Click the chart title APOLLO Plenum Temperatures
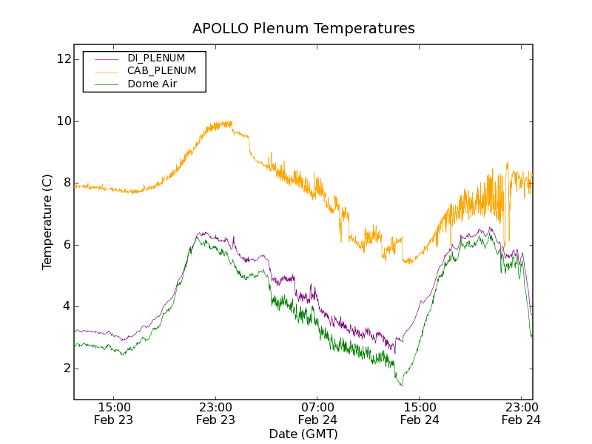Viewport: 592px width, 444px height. tap(303, 29)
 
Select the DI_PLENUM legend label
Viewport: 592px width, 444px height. tap(156, 58)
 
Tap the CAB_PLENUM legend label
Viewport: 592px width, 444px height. tap(161, 70)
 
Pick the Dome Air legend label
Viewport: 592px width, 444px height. tap(152, 84)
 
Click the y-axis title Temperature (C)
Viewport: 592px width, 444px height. tap(47, 222)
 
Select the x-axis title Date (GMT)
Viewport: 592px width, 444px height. tap(303, 434)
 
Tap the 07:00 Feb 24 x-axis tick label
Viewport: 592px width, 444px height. tap(317, 413)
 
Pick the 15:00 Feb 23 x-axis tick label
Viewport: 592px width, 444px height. tap(114, 413)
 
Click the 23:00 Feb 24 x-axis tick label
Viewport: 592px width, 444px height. tap(521, 413)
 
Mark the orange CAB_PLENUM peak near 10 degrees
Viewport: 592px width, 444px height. tap(222, 124)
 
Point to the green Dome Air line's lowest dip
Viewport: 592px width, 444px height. tap(401, 385)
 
